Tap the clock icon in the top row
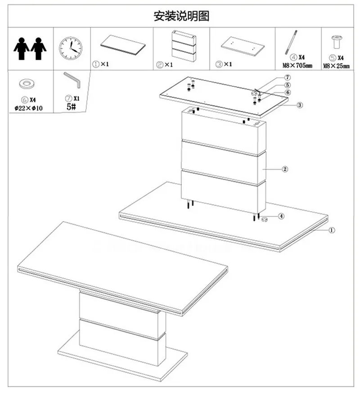[x=71, y=47]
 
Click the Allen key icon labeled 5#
[x=72, y=81]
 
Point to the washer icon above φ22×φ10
[x=27, y=84]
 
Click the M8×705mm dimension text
[x=294, y=66]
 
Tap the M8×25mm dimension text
[x=336, y=66]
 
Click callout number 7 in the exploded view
[x=287, y=78]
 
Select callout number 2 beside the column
[x=284, y=169]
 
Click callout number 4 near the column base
[x=281, y=216]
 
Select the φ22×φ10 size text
[x=26, y=108]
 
